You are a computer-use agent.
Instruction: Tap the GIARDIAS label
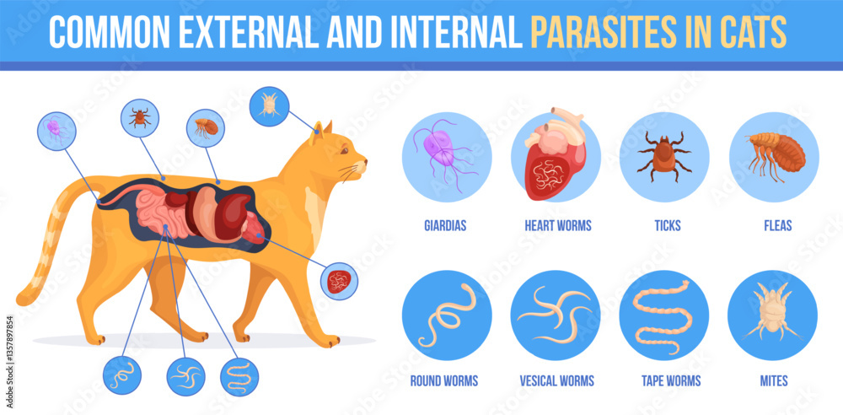pos(445,225)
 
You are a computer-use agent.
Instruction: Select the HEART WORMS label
pos(557,225)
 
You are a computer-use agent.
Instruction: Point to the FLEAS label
pos(777,225)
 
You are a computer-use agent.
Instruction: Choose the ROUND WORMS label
pos(444,381)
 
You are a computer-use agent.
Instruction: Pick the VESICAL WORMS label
pos(556,381)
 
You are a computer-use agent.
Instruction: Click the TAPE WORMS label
pos(671,381)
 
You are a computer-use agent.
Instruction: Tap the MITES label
pos(774,381)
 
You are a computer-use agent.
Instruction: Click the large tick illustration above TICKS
pos(664,157)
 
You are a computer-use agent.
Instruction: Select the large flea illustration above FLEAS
pos(777,155)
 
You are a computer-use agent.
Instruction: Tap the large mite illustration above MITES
pos(772,310)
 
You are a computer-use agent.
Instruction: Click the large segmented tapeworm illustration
pos(663,317)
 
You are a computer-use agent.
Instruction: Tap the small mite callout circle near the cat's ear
pos(270,106)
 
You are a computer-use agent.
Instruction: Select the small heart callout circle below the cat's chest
pos(339,281)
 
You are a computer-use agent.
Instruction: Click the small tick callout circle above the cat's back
pos(140,118)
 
